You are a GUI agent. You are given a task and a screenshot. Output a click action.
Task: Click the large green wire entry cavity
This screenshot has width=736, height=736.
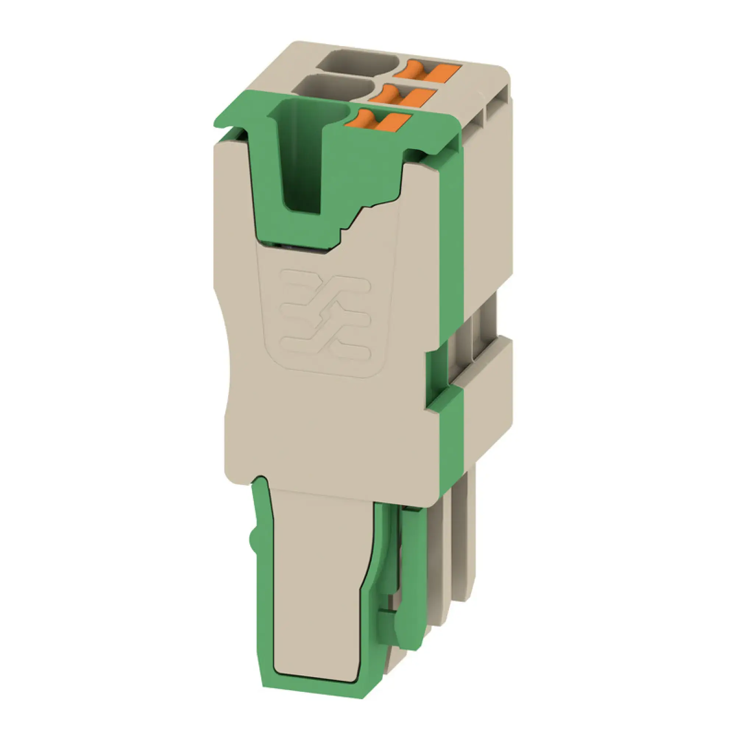point(303,160)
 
